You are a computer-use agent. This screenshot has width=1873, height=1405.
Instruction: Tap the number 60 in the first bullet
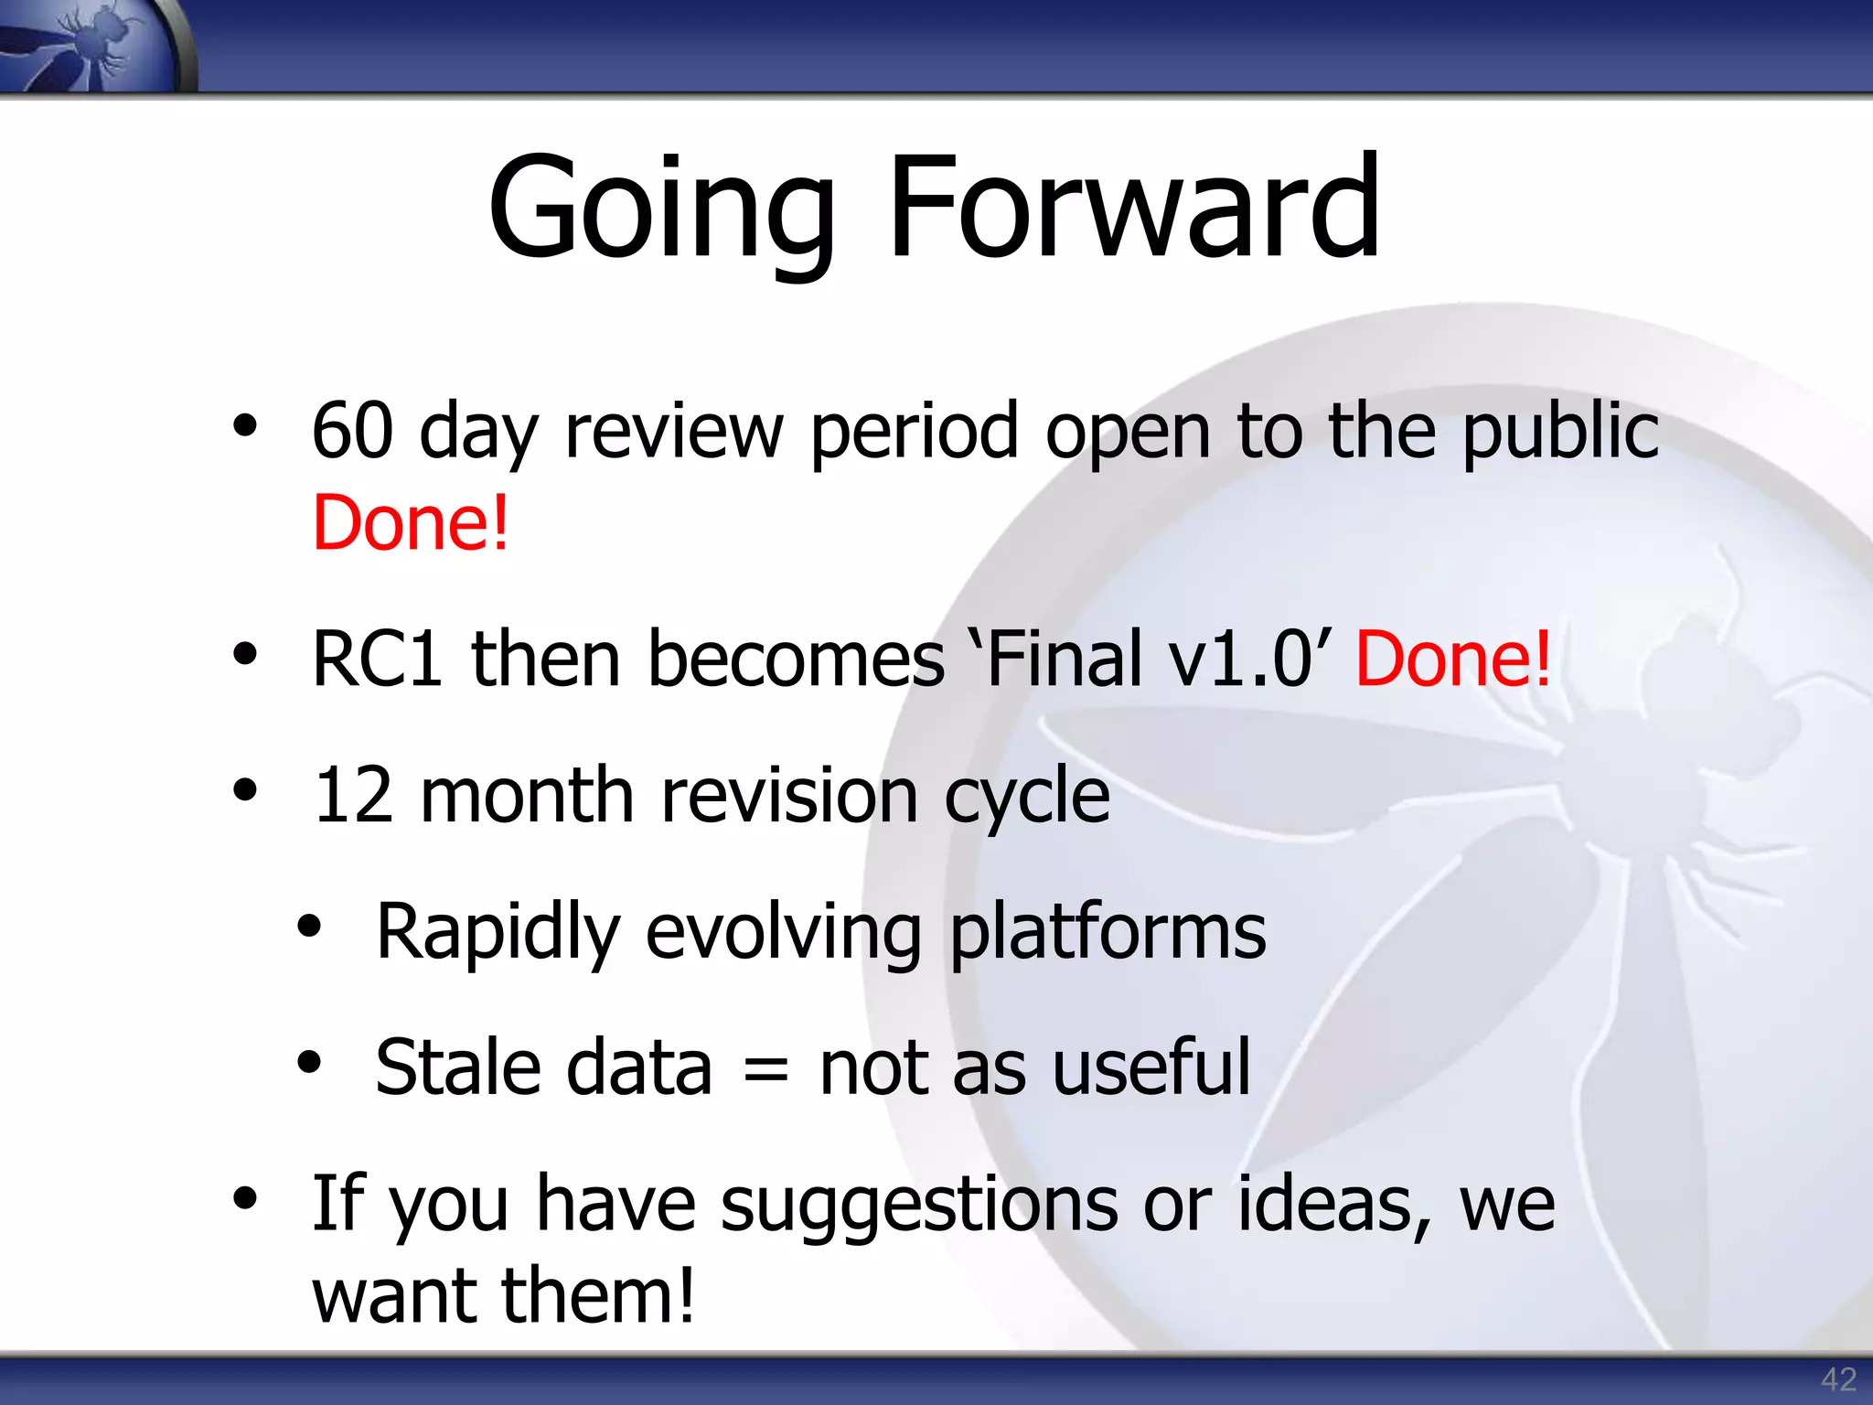(352, 430)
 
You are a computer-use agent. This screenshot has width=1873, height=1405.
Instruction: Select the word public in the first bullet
(1560, 432)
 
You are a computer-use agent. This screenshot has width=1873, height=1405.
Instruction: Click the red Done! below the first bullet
(410, 522)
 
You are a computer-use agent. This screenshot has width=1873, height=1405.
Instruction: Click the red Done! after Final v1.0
(1453, 659)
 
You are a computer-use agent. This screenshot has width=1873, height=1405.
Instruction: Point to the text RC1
(377, 659)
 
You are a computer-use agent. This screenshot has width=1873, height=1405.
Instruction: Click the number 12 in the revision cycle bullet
(353, 795)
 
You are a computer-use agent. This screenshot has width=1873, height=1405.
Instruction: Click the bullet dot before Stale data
(309, 1062)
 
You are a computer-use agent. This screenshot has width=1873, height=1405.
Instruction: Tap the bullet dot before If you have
(244, 1197)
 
